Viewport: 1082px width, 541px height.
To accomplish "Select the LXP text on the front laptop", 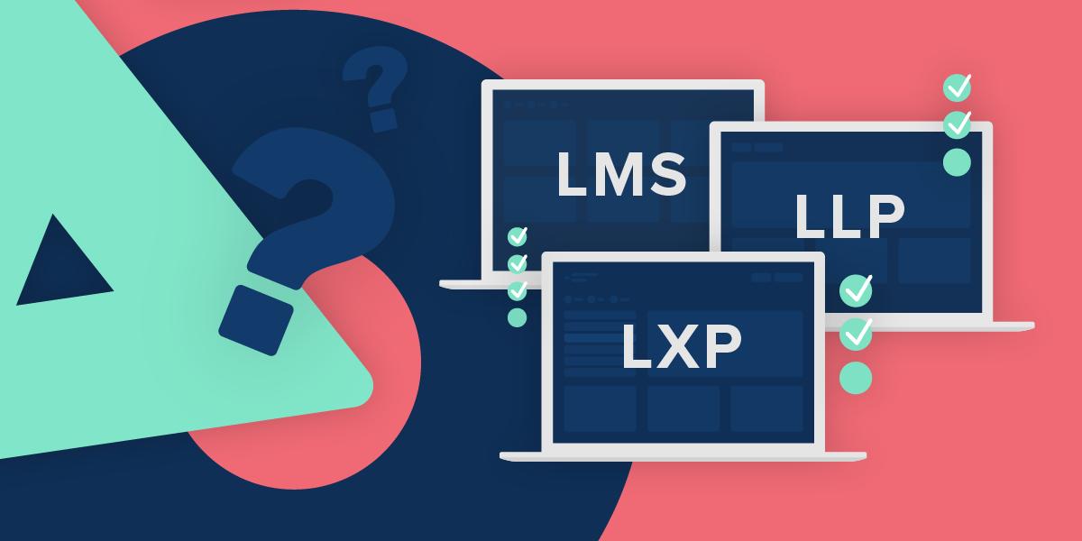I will pos(681,346).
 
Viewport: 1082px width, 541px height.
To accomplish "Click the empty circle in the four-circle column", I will pos(518,317).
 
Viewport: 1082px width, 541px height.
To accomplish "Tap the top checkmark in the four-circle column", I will pos(518,236).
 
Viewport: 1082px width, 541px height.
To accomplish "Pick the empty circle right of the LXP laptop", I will pos(856,377).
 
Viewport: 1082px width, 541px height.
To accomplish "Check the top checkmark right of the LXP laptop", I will pos(856,290).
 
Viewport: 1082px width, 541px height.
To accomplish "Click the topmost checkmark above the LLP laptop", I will pos(957,87).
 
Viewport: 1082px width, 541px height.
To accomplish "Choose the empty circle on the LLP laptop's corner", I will pos(957,161).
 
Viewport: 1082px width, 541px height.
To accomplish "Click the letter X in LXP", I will pos(681,346).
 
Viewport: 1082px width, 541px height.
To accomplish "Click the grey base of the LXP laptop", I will pos(683,456).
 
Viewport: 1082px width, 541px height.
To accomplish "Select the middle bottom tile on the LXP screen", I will pos(683,408).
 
